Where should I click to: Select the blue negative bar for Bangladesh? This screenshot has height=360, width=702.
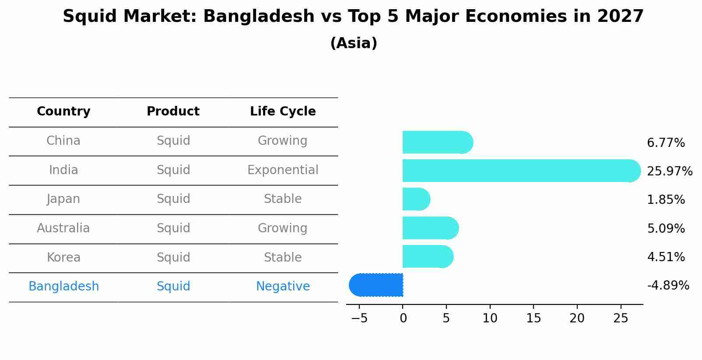pos(376,285)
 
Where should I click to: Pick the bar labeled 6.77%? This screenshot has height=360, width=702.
pos(438,142)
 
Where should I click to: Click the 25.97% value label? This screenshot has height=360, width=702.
pos(670,171)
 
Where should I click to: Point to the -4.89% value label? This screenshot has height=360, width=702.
pos(668,286)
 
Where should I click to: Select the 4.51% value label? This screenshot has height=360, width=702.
pos(666,257)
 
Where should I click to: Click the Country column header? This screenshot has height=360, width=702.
pos(63,112)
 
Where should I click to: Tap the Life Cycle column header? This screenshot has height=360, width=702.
pos(283,112)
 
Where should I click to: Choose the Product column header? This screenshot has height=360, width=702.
pos(173,112)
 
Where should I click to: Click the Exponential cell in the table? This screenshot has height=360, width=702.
pos(283,170)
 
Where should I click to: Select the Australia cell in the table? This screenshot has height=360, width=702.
pos(63,228)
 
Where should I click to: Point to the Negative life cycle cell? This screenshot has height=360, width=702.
pos(283,287)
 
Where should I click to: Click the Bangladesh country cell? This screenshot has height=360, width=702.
pos(63,287)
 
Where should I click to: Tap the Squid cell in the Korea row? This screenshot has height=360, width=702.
pos(173,258)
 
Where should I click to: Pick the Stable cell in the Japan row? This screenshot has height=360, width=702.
pos(283,199)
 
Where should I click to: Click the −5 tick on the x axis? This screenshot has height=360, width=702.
pos(359,318)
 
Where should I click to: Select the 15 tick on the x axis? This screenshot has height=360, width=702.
pos(534,318)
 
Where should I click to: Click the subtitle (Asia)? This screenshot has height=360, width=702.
pos(354,43)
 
